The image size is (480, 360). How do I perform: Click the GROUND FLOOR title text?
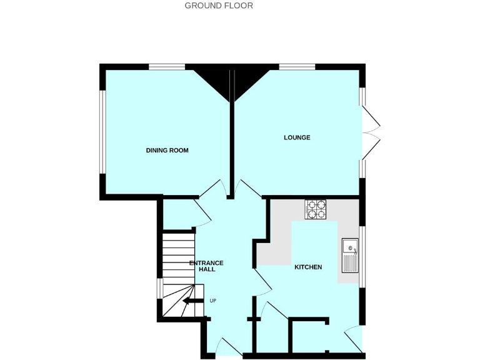[x=219, y=6]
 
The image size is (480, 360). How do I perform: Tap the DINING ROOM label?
[x=167, y=151]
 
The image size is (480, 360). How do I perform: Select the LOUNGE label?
[x=297, y=137]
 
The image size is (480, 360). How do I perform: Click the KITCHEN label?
[x=308, y=267]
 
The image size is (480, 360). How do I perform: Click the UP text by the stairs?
[x=212, y=301]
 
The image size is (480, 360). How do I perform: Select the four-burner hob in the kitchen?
[x=316, y=209]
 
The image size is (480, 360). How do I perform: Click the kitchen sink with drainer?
[x=349, y=256]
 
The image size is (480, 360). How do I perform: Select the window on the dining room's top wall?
[x=167, y=67]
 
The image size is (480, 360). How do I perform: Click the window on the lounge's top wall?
[x=297, y=67]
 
